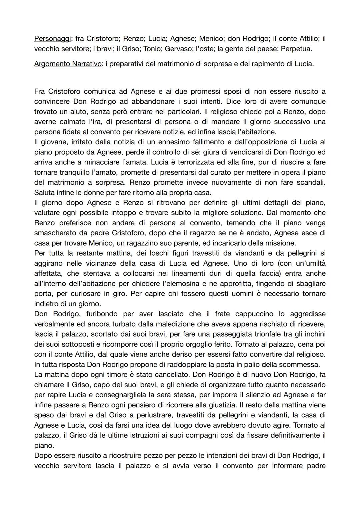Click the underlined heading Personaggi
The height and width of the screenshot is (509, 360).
pos(52,39)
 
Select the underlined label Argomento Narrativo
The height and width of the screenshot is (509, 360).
pos(68,64)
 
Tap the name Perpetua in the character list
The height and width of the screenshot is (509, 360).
pos(296,49)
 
